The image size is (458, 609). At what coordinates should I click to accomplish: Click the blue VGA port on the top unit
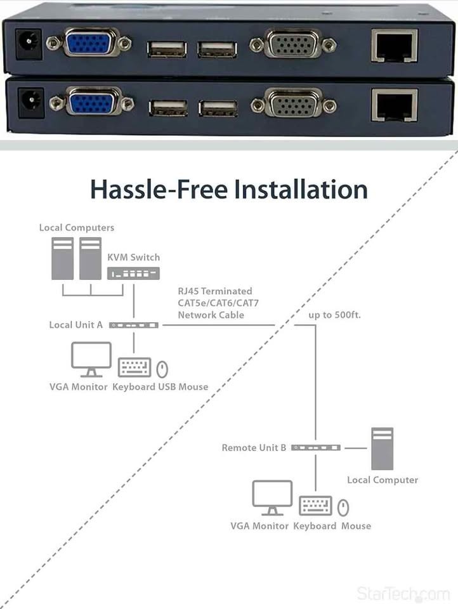[89, 43]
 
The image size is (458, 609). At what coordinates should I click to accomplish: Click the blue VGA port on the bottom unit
[92, 102]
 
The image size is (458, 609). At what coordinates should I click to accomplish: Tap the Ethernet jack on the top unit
[395, 46]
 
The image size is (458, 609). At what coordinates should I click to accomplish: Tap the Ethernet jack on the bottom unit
[395, 105]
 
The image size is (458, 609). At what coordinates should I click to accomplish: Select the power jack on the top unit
[29, 44]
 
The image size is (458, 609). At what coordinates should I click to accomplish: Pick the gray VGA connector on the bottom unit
[294, 104]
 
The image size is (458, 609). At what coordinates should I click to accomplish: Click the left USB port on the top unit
[167, 49]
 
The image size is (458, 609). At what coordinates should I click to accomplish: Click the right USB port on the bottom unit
[218, 108]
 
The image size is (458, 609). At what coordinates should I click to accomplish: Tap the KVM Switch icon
[133, 273]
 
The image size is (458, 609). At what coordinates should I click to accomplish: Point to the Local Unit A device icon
[134, 325]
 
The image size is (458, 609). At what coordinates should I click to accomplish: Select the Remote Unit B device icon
[316, 448]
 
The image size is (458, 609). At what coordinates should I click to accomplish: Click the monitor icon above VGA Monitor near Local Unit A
[91, 359]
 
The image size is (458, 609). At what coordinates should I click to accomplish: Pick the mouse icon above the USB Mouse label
[162, 369]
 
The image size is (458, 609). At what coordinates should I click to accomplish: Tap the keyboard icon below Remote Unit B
[315, 506]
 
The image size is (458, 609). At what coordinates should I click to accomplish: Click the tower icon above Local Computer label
[383, 449]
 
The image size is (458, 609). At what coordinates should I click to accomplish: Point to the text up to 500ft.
[334, 315]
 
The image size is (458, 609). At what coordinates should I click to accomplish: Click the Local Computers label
[77, 228]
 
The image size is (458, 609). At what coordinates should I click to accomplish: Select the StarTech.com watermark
[403, 594]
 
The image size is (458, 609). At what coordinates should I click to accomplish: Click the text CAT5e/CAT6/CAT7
[218, 303]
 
